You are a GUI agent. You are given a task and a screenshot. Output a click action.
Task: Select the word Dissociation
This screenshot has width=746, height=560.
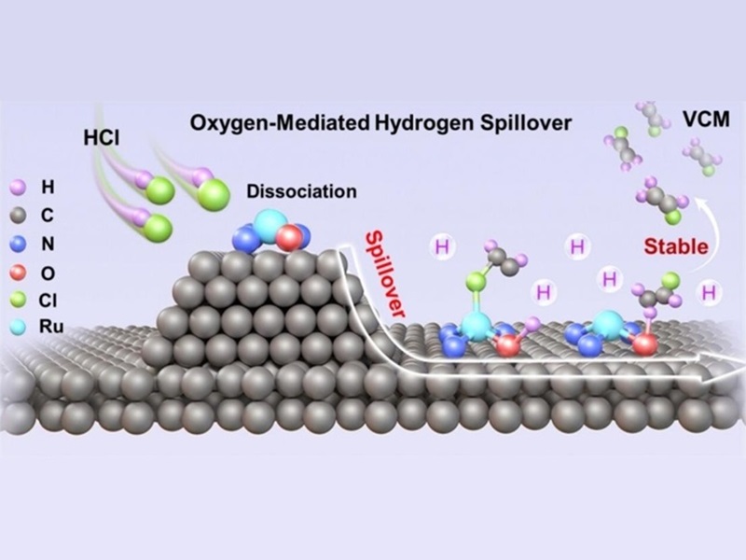coord(301,193)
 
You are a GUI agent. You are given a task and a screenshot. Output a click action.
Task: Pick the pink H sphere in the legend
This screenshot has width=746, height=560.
coord(16,187)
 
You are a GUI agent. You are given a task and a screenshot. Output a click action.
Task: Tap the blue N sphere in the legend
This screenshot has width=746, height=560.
coord(16,245)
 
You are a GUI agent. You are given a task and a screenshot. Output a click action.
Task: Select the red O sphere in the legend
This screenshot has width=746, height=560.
coord(16,273)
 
